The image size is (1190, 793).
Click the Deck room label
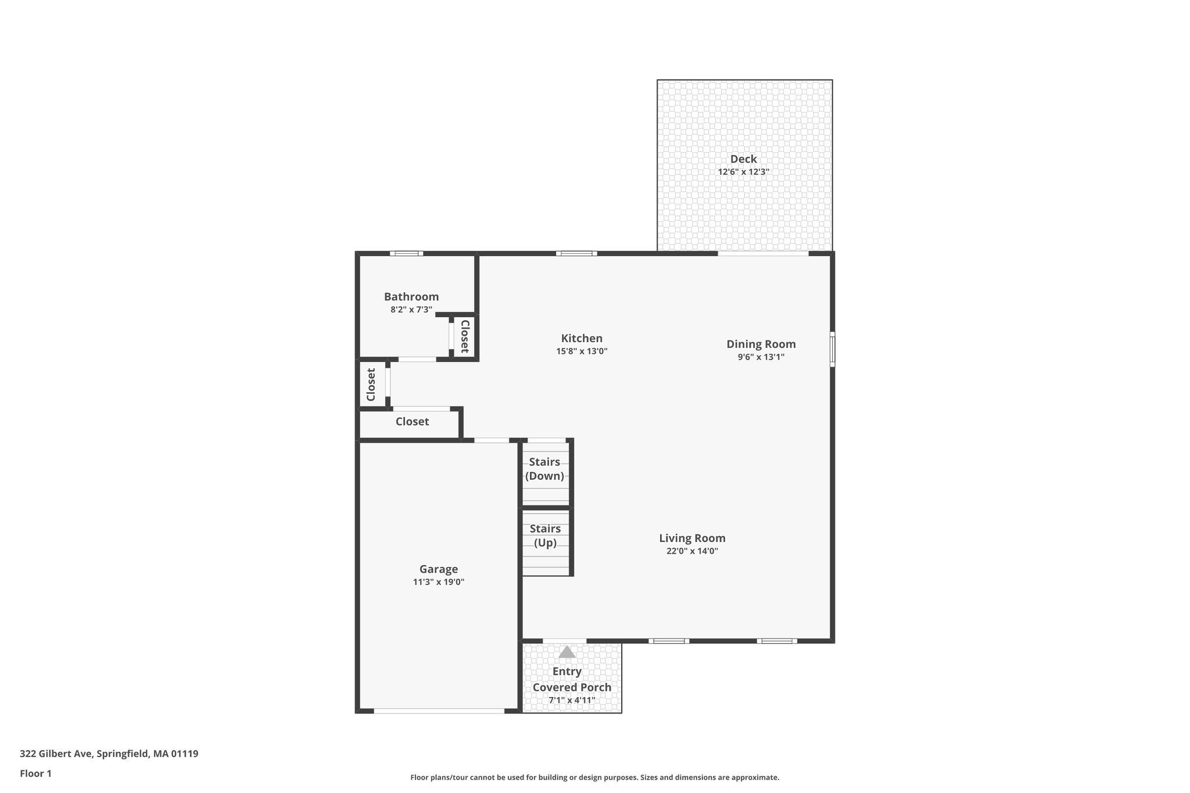coord(743,159)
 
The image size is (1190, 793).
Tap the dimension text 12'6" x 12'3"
coord(743,172)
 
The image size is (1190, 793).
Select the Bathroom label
coord(411,297)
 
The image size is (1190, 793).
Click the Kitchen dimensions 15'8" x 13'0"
coord(582,351)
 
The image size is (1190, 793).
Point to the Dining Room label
coord(761,344)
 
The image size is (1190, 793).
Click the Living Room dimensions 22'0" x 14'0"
coord(692,551)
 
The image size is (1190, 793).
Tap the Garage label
coord(438,569)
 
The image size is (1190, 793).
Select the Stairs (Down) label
coord(544,469)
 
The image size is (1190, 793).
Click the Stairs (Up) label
coord(545,536)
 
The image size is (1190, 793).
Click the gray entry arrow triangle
coord(567,652)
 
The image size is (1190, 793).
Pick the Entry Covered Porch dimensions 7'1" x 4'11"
coord(572,701)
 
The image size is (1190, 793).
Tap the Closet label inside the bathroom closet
coord(465,336)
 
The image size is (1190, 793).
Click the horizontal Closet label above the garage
coord(412,422)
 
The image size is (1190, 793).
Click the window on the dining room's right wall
coord(832,349)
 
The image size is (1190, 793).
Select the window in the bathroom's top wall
coord(406,253)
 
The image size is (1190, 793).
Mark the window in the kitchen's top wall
coord(576,253)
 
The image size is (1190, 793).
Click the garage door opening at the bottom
coord(439,711)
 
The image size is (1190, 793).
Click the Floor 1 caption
coord(35,774)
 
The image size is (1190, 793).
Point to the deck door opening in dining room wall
coord(763,253)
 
